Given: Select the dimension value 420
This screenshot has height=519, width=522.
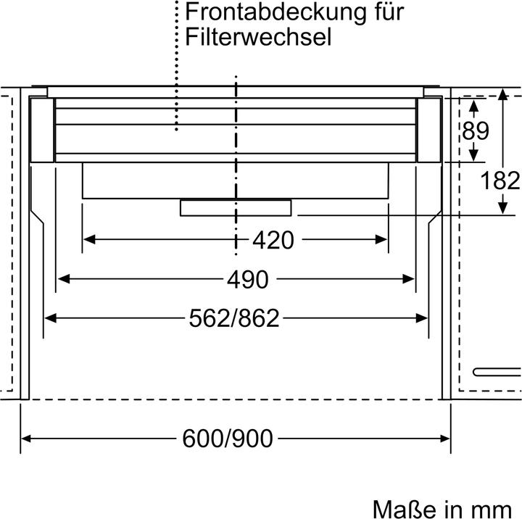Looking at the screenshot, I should tap(273, 240).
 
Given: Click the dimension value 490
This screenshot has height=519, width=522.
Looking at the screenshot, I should tap(246, 279).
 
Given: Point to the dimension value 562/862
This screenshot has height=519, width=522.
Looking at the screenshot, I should tap(233, 317).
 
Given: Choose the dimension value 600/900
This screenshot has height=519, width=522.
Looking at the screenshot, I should tap(227, 438).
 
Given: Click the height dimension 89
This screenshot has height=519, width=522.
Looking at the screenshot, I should tap(476, 131).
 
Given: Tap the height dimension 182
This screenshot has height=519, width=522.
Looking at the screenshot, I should tap(501, 180).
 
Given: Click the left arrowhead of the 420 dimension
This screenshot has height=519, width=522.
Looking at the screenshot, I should tap(88, 239).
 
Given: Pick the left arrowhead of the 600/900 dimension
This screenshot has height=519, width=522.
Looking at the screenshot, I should tap(27, 438).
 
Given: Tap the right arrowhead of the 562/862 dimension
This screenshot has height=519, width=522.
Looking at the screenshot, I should tap(423, 317).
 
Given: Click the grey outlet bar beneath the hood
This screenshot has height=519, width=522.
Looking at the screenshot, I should tap(236, 208).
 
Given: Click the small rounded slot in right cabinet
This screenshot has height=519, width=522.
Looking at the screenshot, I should tap(497, 372).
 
